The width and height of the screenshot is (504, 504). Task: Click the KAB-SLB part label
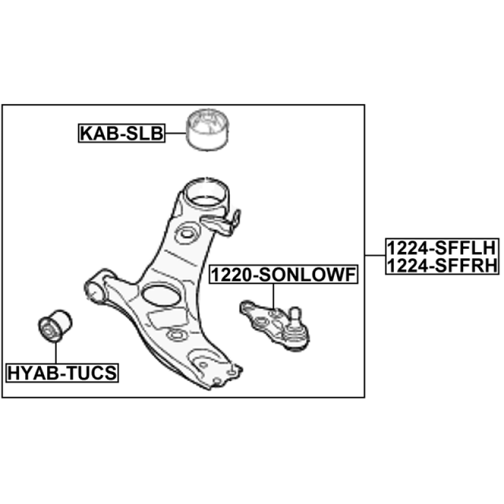point(122,133)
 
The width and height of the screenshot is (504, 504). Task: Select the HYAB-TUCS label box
point(62,373)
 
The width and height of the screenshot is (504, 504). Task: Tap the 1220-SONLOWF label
point(283,275)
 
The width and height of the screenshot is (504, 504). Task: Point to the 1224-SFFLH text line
point(442,248)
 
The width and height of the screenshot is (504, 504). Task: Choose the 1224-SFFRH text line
point(442,265)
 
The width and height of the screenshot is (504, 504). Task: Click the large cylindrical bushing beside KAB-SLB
point(208,130)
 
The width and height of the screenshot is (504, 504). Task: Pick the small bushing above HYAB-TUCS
point(55,326)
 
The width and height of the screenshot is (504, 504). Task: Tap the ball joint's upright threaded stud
point(295,318)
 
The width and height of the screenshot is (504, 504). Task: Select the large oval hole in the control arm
point(161,295)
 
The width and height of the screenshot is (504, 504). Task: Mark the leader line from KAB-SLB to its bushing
point(176,133)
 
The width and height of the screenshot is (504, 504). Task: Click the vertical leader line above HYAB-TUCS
point(55,353)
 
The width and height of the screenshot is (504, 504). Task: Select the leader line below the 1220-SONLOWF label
point(273,296)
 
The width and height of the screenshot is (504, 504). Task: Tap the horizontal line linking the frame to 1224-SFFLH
point(375,256)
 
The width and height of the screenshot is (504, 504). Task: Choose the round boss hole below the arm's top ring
point(186,234)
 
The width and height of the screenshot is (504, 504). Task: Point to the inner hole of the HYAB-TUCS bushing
point(49,329)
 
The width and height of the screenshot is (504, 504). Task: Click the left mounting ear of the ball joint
point(247,307)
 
